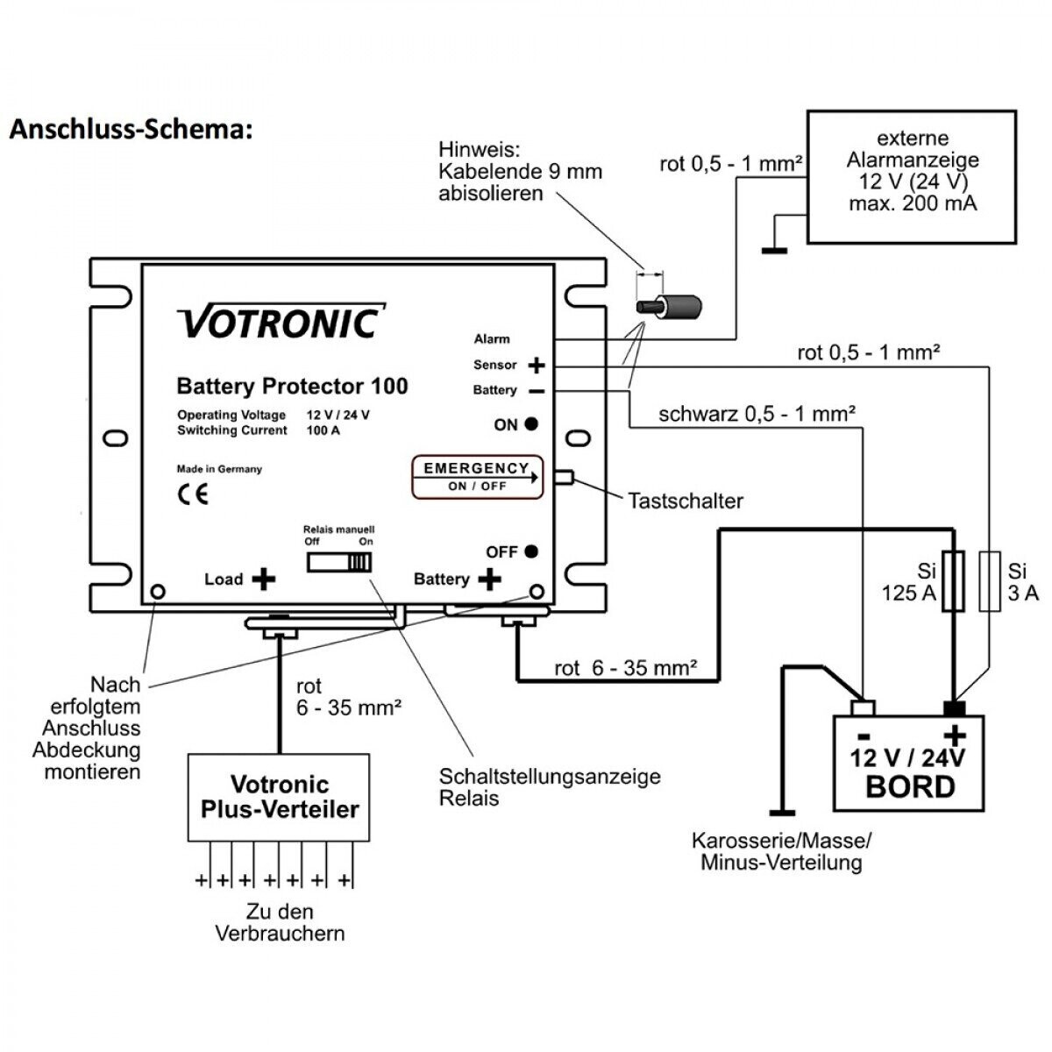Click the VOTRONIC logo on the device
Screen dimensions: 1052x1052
pyautogui.click(x=281, y=322)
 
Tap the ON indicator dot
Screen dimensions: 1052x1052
pyautogui.click(x=531, y=423)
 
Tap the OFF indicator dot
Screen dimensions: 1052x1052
pyautogui.click(x=531, y=551)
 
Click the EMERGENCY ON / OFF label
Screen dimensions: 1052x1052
pyautogui.click(x=477, y=476)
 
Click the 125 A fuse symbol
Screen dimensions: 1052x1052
pyautogui.click(x=953, y=580)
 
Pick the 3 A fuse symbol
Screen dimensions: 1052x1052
pyautogui.click(x=990, y=580)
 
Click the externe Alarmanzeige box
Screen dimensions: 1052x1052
pyautogui.click(x=912, y=175)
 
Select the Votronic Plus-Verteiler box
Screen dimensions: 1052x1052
pyautogui.click(x=280, y=796)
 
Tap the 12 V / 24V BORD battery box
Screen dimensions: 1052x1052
pyautogui.click(x=908, y=763)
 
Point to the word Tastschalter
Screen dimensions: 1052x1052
pyautogui.click(x=685, y=501)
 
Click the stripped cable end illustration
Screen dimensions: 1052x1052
pyautogui.click(x=672, y=309)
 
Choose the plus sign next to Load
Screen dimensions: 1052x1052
pyautogui.click(x=263, y=579)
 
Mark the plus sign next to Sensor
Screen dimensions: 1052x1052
pyautogui.click(x=536, y=365)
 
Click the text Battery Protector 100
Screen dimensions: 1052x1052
pyautogui.click(x=292, y=386)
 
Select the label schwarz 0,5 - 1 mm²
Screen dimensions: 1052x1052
pyautogui.click(x=757, y=413)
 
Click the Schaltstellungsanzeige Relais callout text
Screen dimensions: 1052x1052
pyautogui.click(x=550, y=786)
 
